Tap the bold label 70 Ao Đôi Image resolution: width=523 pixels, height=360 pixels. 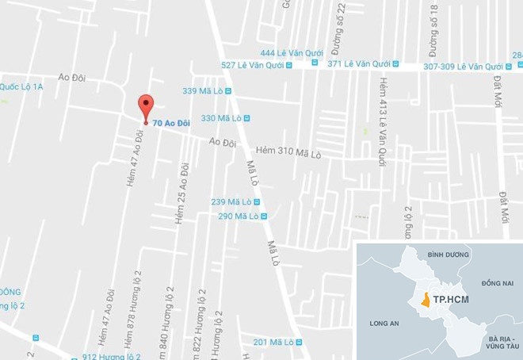pyautogui.click(x=171, y=123)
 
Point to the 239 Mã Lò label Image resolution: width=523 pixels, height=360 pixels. pyautogui.click(x=231, y=202)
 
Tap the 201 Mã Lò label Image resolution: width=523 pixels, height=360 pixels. pyautogui.click(x=273, y=342)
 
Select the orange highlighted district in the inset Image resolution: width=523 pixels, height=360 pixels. pyautogui.click(x=426, y=301)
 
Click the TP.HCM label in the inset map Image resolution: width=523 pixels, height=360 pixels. pyautogui.click(x=449, y=301)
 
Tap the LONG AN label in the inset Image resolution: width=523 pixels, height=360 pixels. pyautogui.click(x=384, y=323)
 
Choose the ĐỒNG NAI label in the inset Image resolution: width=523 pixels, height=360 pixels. pyautogui.click(x=497, y=282)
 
